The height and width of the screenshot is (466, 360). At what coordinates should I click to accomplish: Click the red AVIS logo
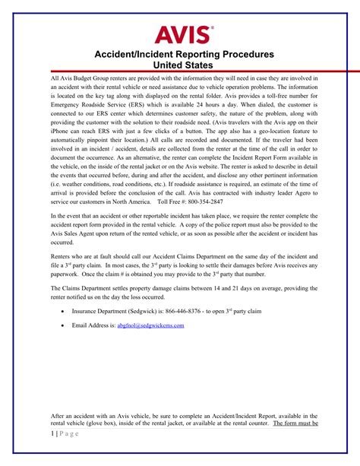(185, 34)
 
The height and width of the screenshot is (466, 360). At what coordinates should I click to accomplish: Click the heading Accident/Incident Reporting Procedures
(178, 55)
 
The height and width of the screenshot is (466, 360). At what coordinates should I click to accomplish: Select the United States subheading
(179, 66)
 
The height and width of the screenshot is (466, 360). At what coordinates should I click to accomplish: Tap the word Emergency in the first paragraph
(66, 103)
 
